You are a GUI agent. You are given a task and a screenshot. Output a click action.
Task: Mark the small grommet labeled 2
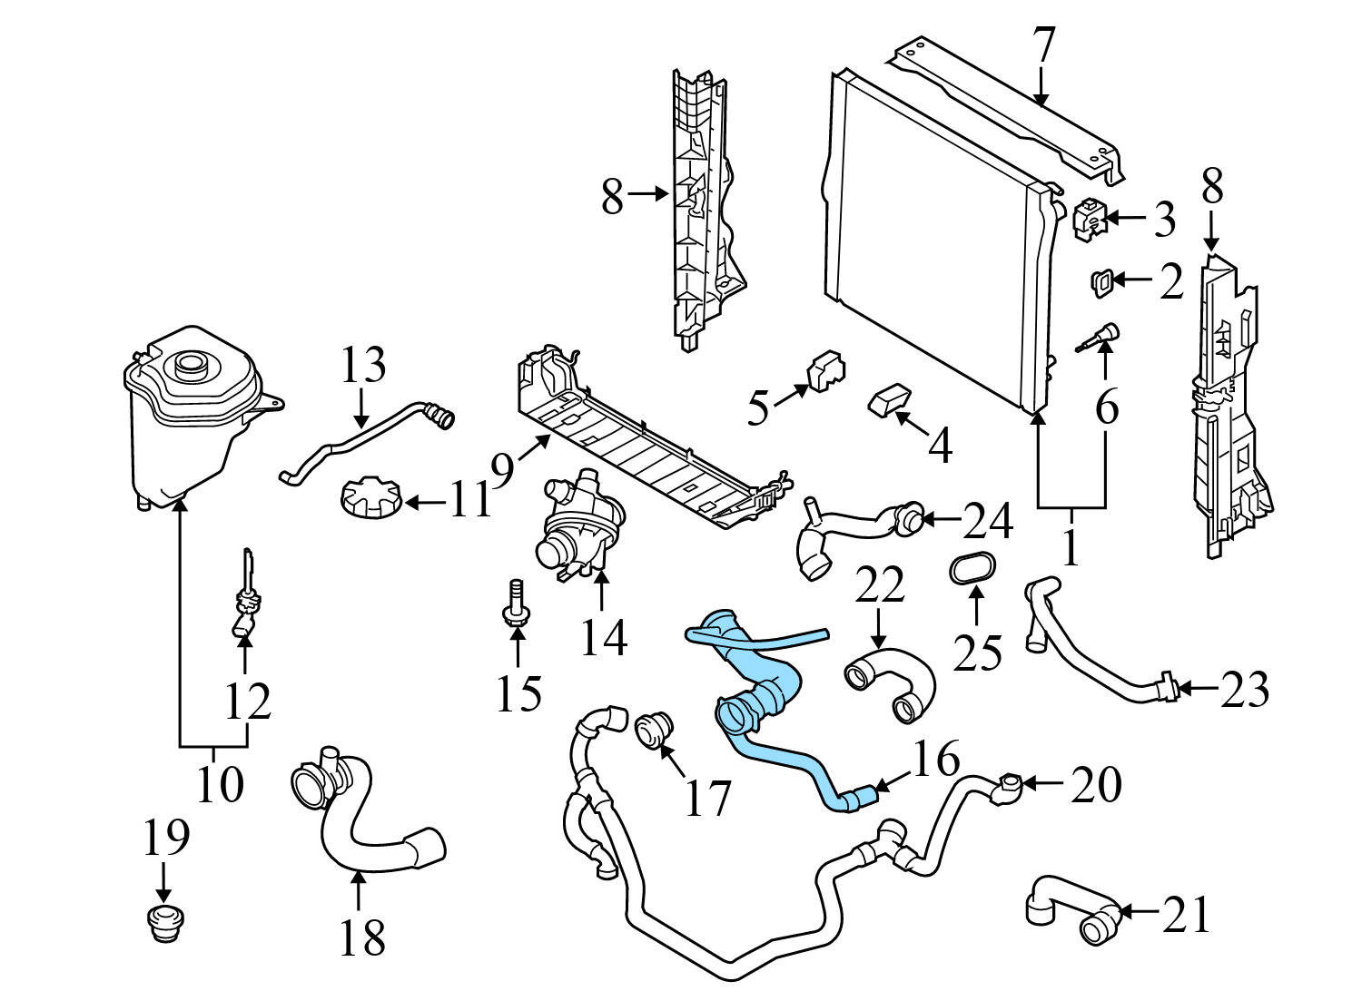tap(1100, 281)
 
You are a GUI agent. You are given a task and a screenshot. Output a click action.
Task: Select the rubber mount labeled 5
tap(824, 370)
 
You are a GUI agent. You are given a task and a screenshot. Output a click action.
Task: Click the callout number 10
tap(219, 782)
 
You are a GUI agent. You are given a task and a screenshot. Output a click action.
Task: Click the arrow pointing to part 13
tap(361, 407)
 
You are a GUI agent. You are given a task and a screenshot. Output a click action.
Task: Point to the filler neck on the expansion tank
tap(192, 365)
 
